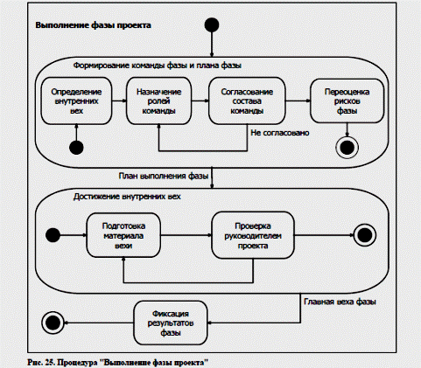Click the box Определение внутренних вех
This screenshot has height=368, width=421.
tap(76, 101)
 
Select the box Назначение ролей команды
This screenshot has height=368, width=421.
tap(159, 101)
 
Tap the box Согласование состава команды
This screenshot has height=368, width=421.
tap(247, 101)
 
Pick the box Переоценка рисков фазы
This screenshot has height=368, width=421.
tap(347, 101)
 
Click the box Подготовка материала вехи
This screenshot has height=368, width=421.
tap(123, 235)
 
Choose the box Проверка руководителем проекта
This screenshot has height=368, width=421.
tap(253, 235)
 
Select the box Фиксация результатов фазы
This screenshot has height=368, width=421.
tap(171, 323)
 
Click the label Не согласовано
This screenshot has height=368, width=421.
tap(280, 133)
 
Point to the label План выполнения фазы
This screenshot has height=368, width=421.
tap(164, 176)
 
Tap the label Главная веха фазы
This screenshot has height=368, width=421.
tap(340, 302)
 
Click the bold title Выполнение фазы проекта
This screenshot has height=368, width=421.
tap(93, 25)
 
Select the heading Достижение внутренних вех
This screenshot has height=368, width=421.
tap(127, 197)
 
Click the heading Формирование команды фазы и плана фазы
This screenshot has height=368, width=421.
tap(158, 66)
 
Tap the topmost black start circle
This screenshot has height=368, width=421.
tap(212, 24)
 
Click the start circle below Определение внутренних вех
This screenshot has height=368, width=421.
tap(76, 148)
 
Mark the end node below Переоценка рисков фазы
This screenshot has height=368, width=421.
tap(347, 148)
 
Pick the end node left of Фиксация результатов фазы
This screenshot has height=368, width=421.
tap(53, 323)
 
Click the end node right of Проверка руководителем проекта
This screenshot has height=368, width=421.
tap(365, 235)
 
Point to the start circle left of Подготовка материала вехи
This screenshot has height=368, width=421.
tap(53, 235)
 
